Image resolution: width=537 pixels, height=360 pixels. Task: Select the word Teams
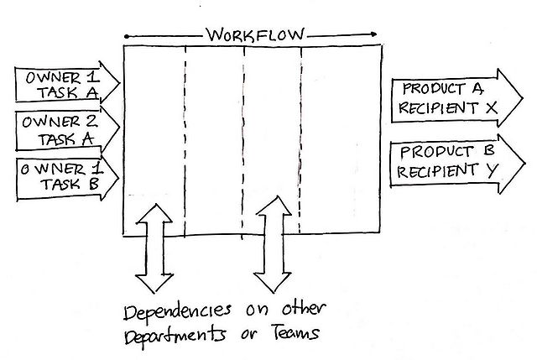295,334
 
